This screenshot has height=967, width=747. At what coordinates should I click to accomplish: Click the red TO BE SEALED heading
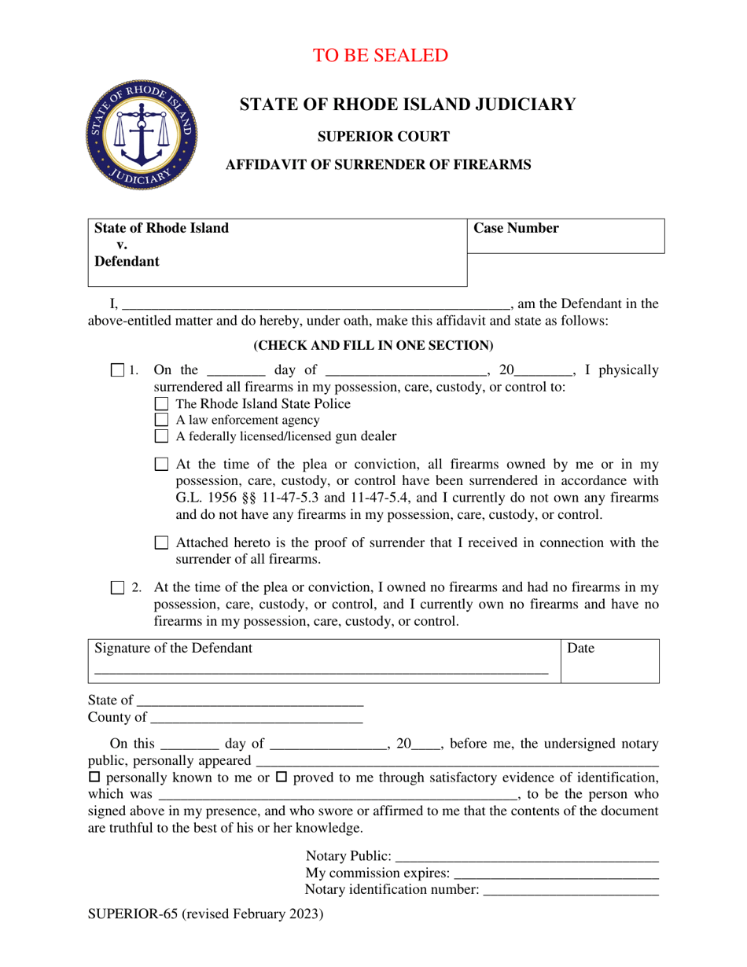[x=381, y=56]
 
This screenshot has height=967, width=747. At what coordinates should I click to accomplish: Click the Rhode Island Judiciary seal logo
[x=142, y=135]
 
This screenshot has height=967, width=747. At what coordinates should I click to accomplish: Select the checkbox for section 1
[x=118, y=370]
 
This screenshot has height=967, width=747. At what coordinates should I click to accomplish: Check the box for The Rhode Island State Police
[x=162, y=404]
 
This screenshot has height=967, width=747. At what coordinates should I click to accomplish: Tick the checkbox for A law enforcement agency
[x=162, y=420]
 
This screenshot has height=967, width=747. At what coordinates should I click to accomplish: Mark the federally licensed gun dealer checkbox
[x=162, y=436]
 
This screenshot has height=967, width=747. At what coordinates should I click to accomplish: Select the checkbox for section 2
[x=118, y=587]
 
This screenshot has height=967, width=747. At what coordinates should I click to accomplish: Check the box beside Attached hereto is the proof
[x=162, y=542]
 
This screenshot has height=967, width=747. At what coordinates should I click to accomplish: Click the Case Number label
[x=516, y=229]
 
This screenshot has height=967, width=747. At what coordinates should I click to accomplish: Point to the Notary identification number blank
[x=570, y=891]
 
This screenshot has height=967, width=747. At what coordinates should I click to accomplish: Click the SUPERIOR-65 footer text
[x=205, y=914]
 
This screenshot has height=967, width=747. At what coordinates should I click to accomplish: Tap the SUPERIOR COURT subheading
[x=383, y=137]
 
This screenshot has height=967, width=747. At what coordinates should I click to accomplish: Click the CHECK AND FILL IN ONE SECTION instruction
[x=373, y=345]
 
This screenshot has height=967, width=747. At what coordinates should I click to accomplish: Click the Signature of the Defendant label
[x=174, y=649]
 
